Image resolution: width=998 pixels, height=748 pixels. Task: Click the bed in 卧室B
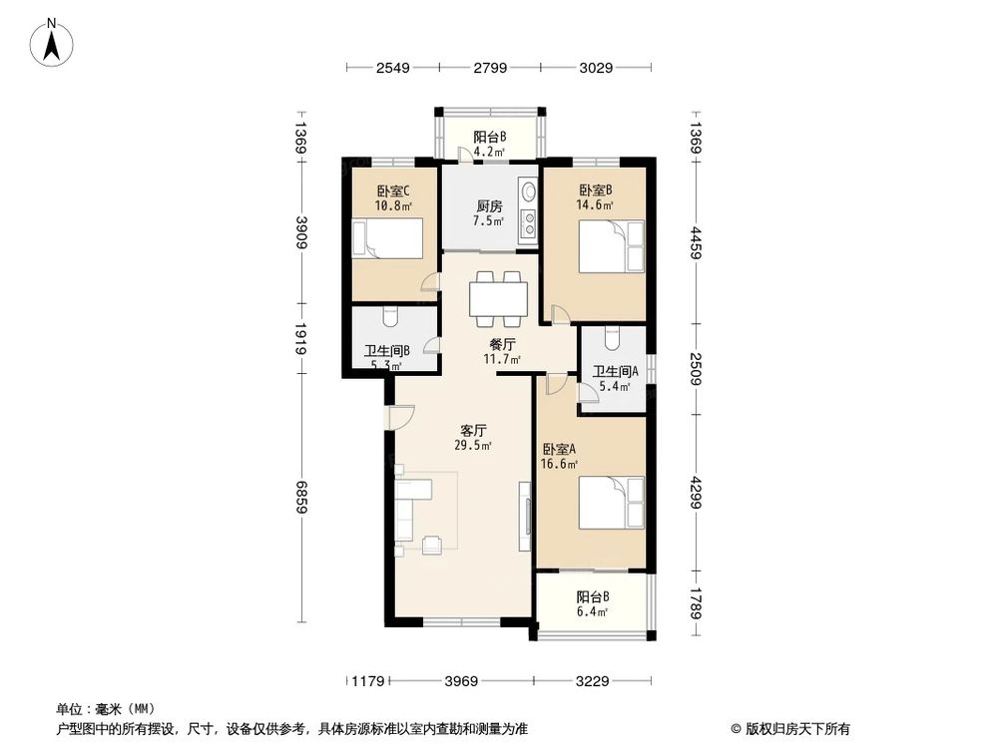tap(612, 246)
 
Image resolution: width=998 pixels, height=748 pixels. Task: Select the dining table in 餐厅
tap(498, 297)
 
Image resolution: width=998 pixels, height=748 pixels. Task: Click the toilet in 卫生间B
tap(391, 316)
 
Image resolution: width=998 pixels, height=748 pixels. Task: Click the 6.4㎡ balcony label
tap(592, 604)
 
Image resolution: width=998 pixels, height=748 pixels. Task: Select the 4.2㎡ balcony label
tap(489, 145)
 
